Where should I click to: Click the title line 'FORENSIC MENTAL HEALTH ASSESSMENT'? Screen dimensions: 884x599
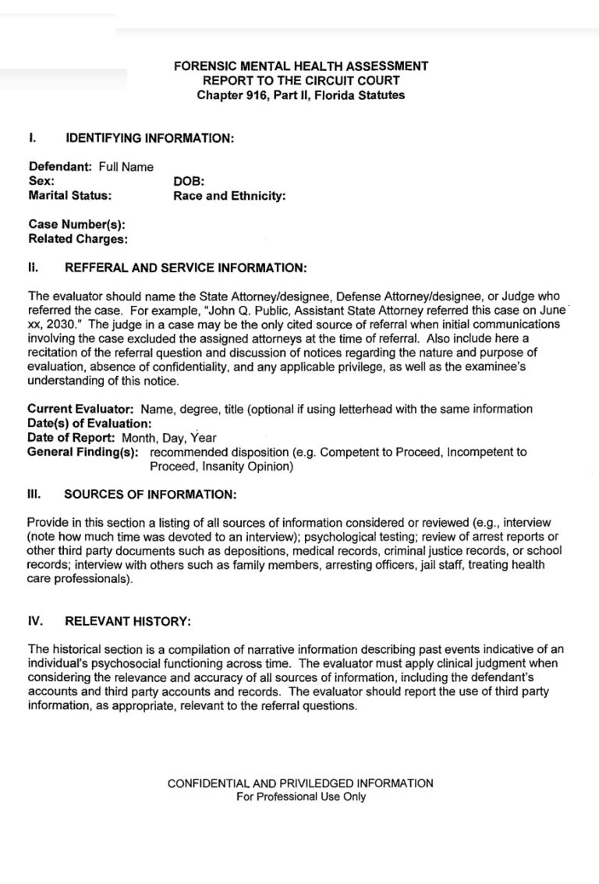tap(300, 66)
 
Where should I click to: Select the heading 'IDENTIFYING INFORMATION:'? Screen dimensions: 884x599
tap(150, 139)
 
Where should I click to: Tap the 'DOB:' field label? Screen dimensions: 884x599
tap(189, 181)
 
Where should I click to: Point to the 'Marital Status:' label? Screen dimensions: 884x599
tap(69, 195)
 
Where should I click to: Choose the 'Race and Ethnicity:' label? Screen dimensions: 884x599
tap(229, 195)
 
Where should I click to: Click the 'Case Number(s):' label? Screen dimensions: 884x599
tap(76, 225)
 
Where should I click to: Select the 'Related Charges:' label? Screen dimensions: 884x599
tap(78, 239)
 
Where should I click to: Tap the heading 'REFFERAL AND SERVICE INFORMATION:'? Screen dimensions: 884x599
tap(186, 268)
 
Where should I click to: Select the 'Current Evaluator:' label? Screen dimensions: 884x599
tap(81, 409)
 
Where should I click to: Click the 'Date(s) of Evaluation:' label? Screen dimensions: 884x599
tap(90, 423)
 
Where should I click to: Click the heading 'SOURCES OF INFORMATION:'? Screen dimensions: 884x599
tap(150, 495)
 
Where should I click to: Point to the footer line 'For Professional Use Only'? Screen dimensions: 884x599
tap(300, 797)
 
